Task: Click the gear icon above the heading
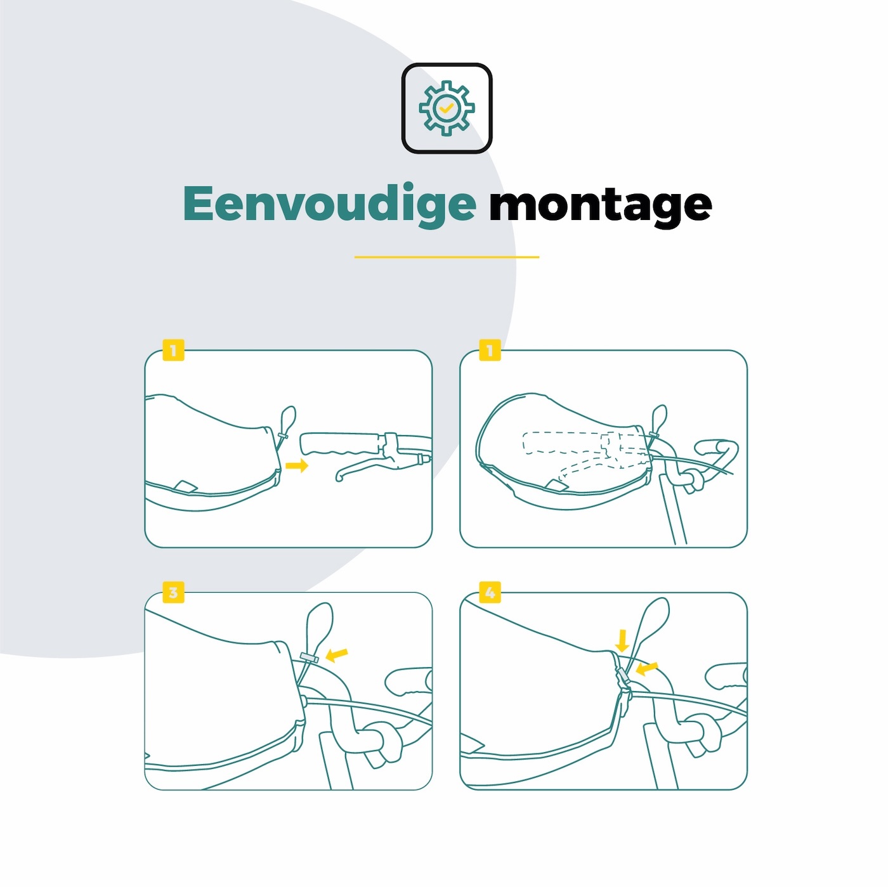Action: (446, 108)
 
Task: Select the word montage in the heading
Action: (601, 207)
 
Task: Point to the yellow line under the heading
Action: (447, 257)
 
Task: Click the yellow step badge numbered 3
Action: (173, 592)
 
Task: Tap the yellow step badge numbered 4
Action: (490, 592)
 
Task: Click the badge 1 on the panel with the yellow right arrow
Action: (173, 350)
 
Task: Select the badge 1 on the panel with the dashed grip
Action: (490, 350)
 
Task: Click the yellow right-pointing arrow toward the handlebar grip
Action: (297, 465)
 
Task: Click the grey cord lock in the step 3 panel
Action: (309, 657)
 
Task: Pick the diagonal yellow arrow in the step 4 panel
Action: (646, 669)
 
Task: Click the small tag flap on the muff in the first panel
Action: (187, 486)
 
